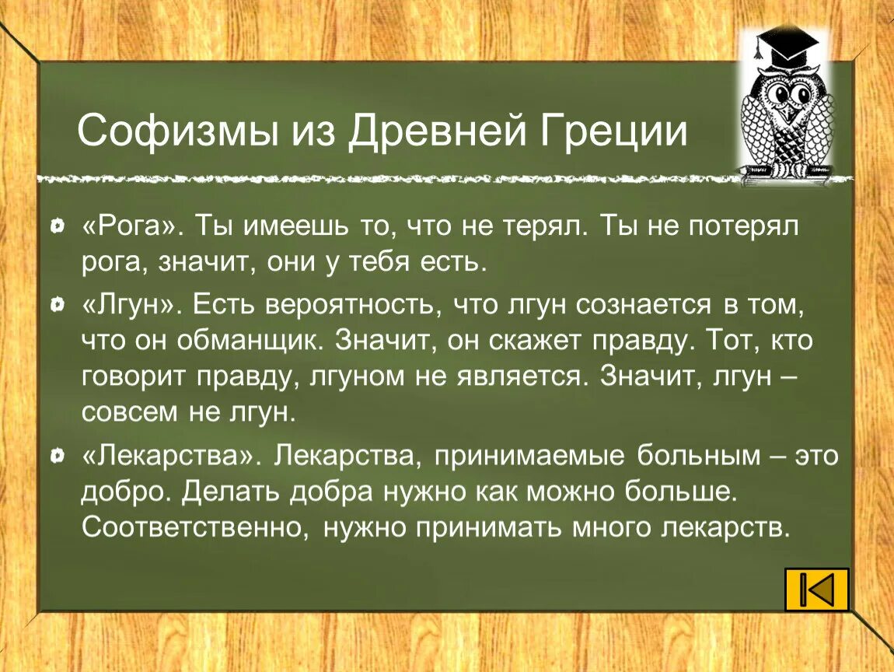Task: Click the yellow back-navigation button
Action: coord(816,589)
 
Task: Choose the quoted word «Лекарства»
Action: coord(170,457)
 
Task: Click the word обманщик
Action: coord(235,341)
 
